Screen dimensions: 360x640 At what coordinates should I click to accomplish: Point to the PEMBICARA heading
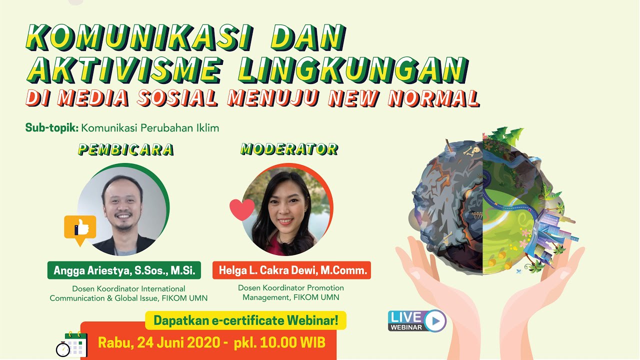pyautogui.click(x=125, y=149)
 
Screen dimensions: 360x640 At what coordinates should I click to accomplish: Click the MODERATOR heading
pyautogui.click(x=289, y=148)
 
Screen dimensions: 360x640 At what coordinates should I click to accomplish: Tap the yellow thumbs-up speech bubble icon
pyautogui.click(x=80, y=229)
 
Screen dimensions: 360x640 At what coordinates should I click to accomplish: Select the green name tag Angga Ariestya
pyautogui.click(x=124, y=270)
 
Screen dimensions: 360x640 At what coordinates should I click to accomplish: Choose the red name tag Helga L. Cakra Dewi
pyautogui.click(x=291, y=270)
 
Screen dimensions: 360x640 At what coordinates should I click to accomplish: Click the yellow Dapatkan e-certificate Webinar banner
pyautogui.click(x=245, y=320)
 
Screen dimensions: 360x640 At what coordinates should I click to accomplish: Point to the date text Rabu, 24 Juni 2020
pyautogui.click(x=158, y=343)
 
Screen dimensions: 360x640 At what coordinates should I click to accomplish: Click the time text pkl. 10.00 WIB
pyautogui.click(x=278, y=343)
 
